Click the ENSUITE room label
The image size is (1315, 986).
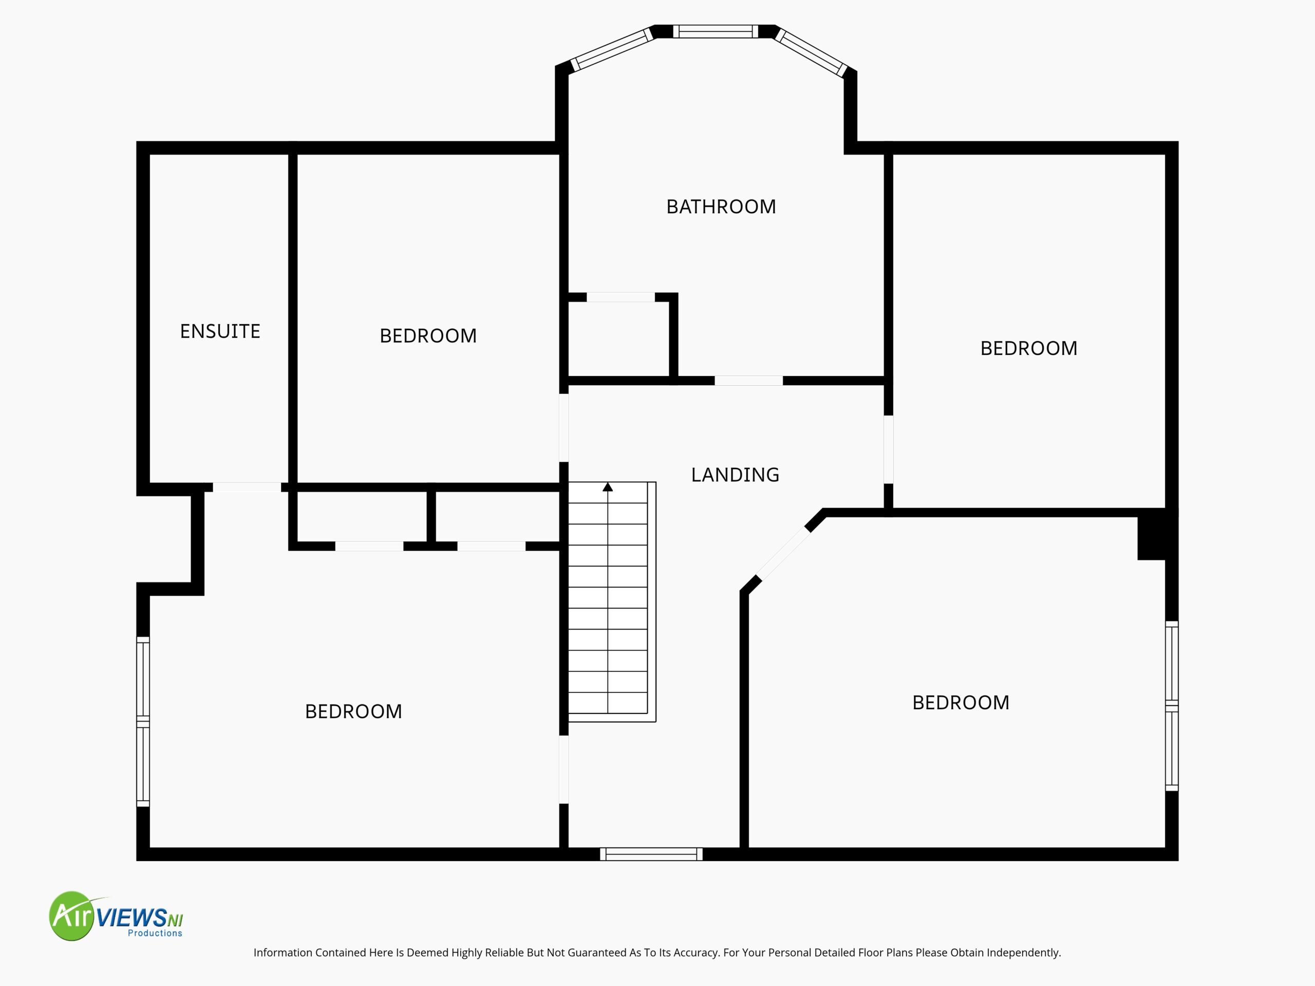coord(220,331)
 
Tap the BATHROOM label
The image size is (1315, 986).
coord(721,207)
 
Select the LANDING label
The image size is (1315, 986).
coord(735,475)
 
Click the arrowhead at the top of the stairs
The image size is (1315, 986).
coord(608,487)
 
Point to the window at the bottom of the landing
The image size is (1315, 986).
coord(651,854)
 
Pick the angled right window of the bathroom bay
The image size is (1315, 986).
coord(811,53)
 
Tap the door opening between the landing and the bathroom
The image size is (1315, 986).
coord(748,381)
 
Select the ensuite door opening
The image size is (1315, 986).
coord(247,487)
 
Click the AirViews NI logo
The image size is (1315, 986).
coord(116,916)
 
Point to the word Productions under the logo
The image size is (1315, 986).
coord(155,933)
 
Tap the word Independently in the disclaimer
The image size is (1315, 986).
coord(1024,953)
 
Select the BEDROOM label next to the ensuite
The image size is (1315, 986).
coord(428,336)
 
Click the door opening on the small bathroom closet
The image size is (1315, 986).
coord(621,297)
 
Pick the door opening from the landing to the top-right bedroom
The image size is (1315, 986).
coord(889,449)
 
